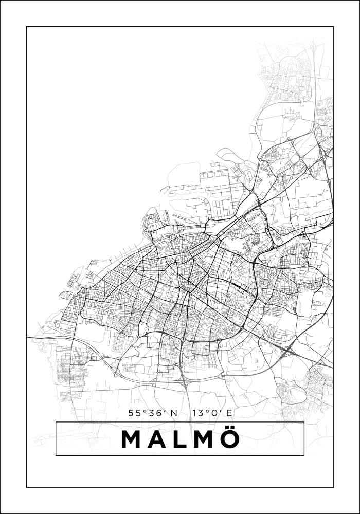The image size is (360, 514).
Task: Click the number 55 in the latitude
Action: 134,412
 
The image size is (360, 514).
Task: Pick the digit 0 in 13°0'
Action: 212,412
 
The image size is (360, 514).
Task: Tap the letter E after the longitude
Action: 229,412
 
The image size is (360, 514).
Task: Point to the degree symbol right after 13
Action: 205,410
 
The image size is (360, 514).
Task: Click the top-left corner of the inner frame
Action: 27,27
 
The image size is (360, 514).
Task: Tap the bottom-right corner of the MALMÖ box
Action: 304,455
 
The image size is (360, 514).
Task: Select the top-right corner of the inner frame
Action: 334,27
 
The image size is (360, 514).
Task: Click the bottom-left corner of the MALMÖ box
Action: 56,455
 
